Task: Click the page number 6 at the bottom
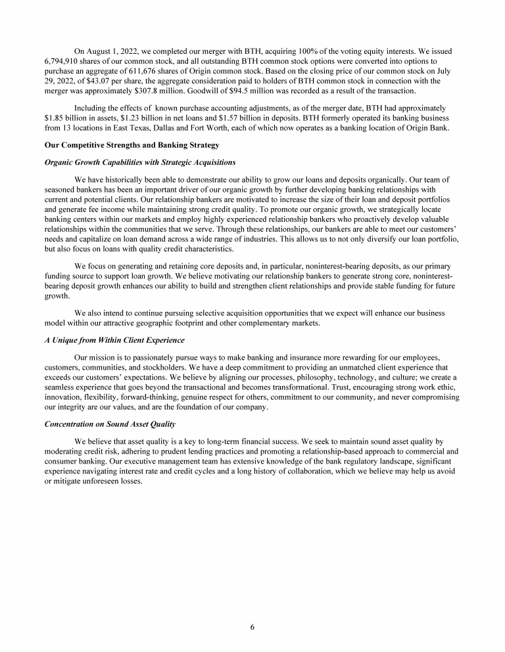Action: (x=252, y=627)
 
